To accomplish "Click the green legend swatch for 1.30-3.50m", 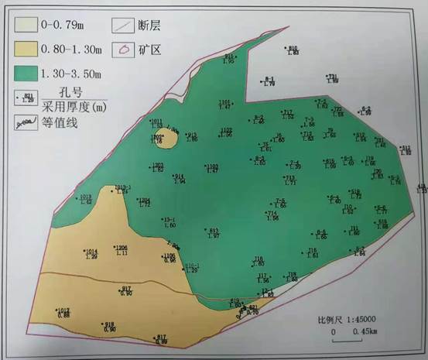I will coord(26,73).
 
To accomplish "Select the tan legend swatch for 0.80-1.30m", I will coord(26,49).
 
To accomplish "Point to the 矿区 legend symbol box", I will coord(125,50).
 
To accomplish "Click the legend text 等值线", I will coord(60,122).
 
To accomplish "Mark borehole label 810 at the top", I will coord(293,48).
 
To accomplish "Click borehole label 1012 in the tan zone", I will coord(63,310).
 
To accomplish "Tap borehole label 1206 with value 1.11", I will coord(121,248).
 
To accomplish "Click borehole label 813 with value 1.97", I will coord(214,231).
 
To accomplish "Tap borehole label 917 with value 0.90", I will coord(127,289).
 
